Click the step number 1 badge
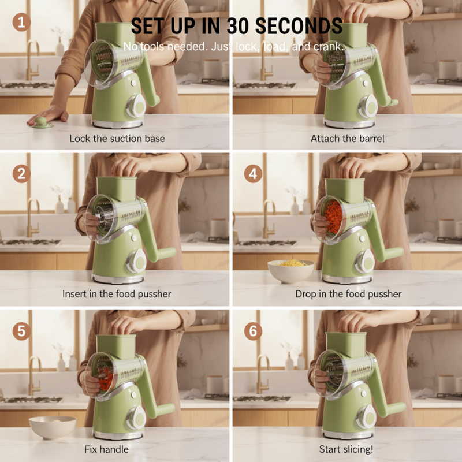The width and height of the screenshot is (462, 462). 21,22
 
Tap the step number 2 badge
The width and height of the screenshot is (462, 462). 21,174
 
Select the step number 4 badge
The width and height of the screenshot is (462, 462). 253,174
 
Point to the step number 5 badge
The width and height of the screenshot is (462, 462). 21,331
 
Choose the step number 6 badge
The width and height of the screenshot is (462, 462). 253,331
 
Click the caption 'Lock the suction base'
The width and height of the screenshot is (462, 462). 117,139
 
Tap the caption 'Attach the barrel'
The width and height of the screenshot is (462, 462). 348,139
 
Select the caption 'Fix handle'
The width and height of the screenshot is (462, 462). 106,449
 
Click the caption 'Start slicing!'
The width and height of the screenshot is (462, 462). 346,449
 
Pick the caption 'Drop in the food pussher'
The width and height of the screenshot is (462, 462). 348,294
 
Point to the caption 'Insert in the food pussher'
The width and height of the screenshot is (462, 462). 117,294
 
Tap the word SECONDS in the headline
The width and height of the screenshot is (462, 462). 299,26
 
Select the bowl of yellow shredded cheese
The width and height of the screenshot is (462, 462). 291,271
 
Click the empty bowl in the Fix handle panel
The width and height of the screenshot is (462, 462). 53,427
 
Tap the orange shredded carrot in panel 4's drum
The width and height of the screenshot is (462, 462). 333,216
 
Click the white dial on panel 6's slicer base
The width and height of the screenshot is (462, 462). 366,416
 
